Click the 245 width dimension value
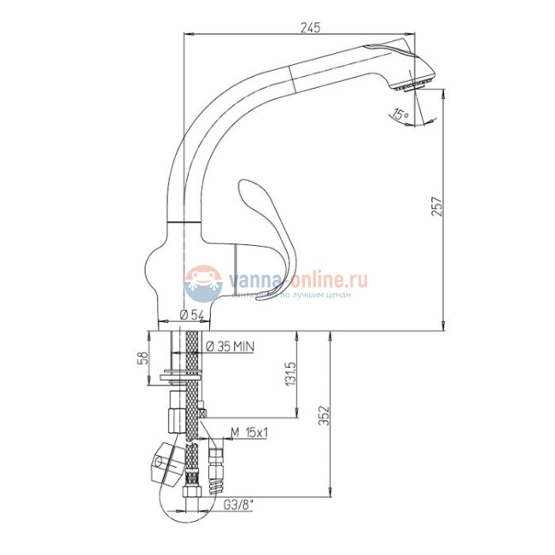[x=310, y=28]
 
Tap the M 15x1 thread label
[x=249, y=433]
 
